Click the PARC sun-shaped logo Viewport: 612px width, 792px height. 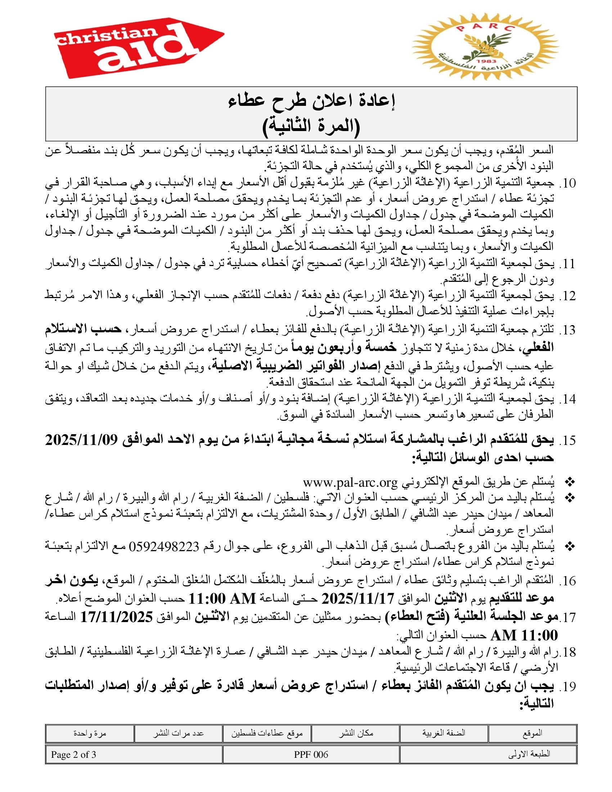point(486,47)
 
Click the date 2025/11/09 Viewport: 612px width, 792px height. point(82,440)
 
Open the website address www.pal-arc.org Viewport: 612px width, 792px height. point(350,482)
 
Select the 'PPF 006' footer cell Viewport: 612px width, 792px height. point(311,755)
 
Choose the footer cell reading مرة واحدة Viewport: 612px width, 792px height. point(90,733)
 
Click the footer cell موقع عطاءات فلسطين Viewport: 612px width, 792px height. point(267,733)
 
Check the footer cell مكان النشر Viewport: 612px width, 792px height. point(356,733)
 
